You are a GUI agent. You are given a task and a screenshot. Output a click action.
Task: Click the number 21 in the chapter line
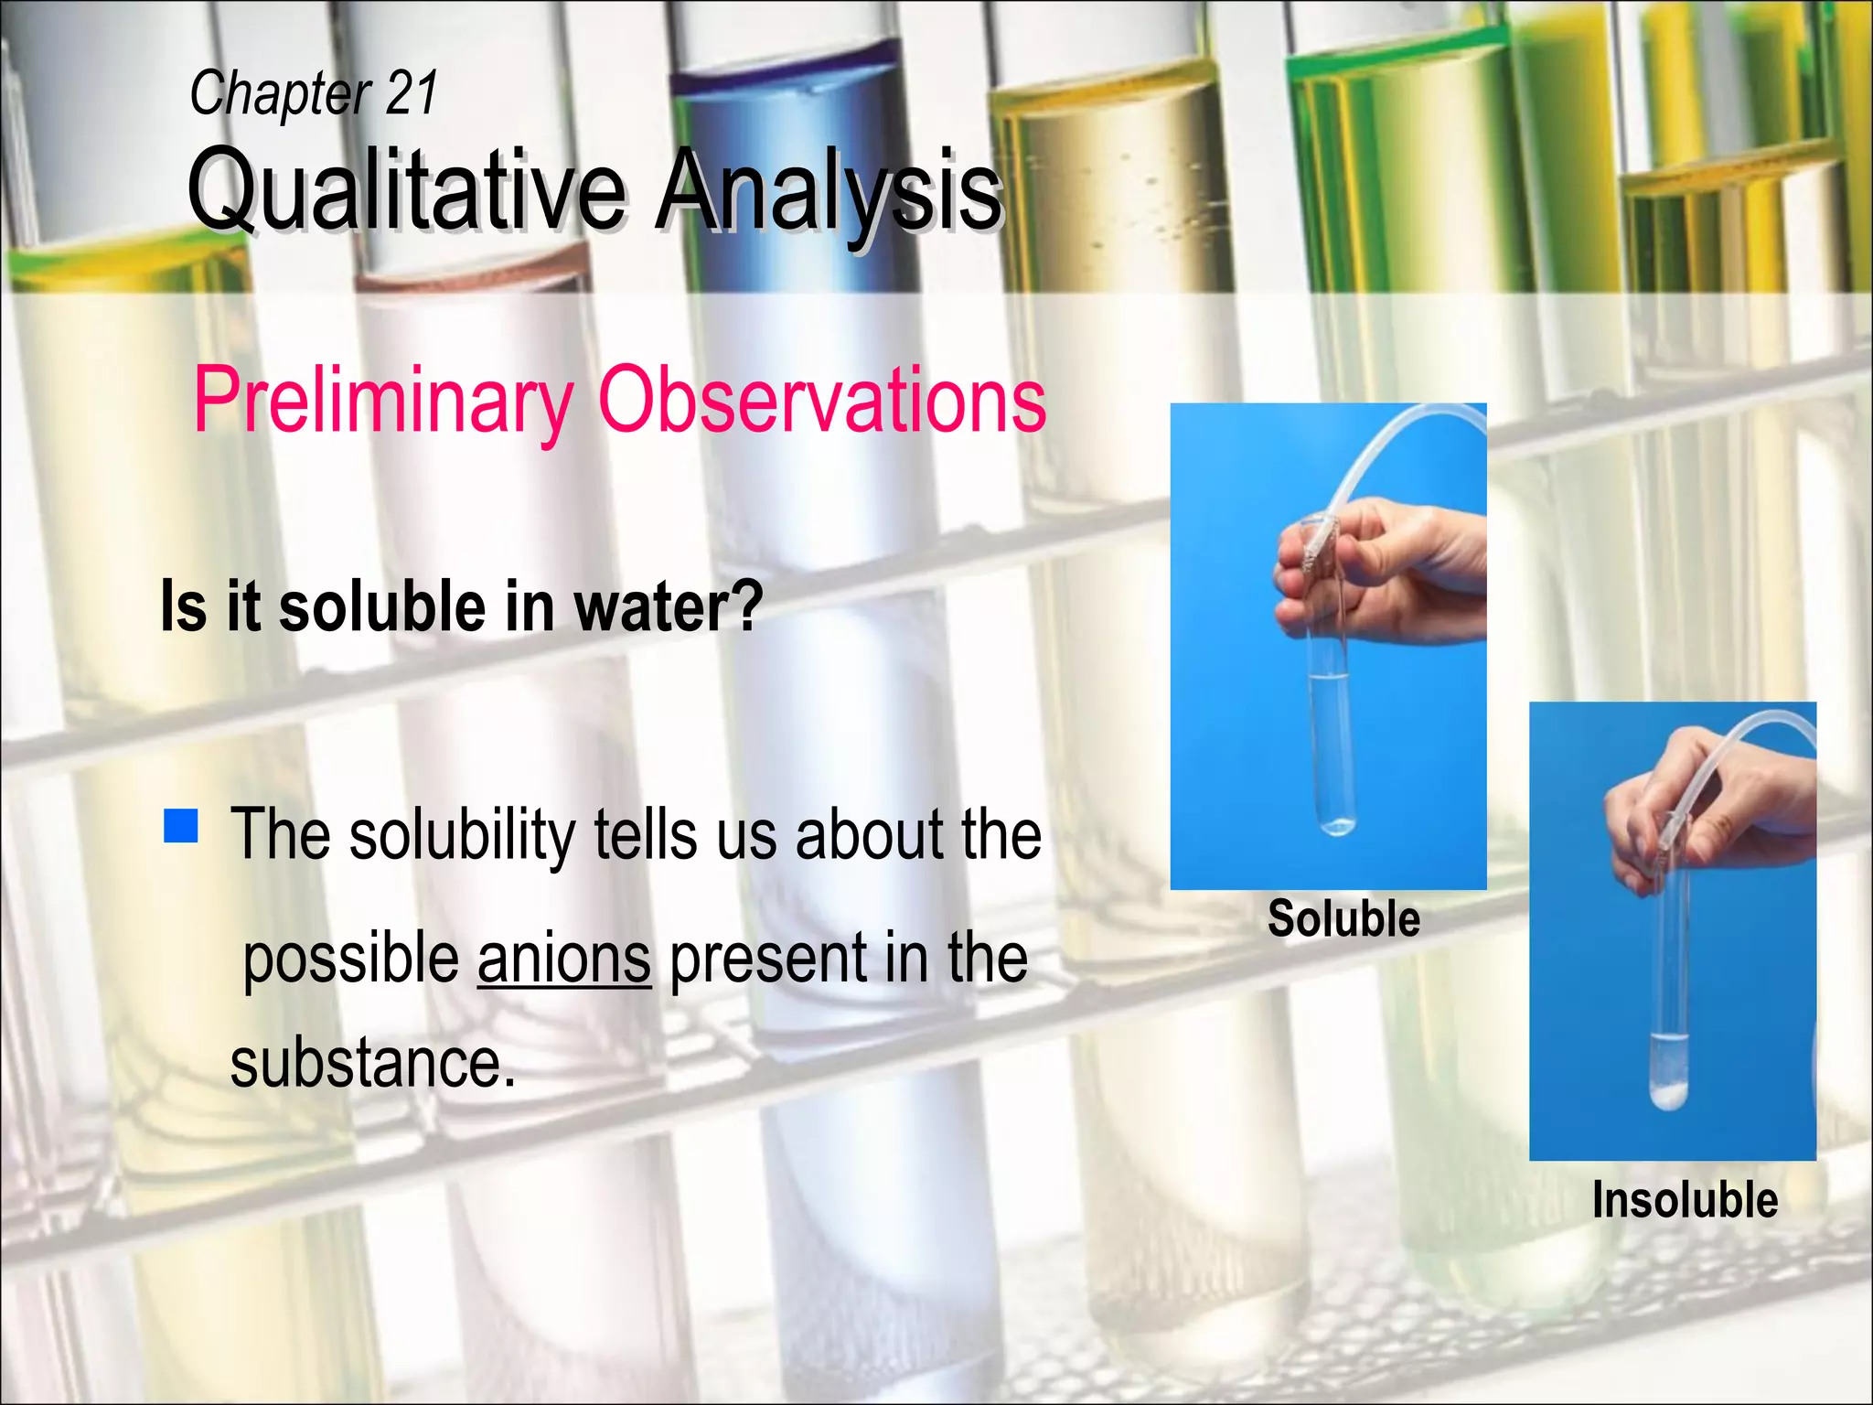click(x=412, y=93)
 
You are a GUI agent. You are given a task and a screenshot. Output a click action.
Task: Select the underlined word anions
click(x=563, y=959)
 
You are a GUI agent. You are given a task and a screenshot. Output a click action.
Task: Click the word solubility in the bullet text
click(x=462, y=836)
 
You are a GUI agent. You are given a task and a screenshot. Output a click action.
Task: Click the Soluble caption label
click(x=1343, y=918)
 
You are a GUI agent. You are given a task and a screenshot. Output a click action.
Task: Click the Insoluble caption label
click(x=1685, y=1199)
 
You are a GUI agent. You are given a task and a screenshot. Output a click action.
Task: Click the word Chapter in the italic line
click(x=279, y=93)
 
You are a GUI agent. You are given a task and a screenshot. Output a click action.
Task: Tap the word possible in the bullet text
click(x=351, y=959)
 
